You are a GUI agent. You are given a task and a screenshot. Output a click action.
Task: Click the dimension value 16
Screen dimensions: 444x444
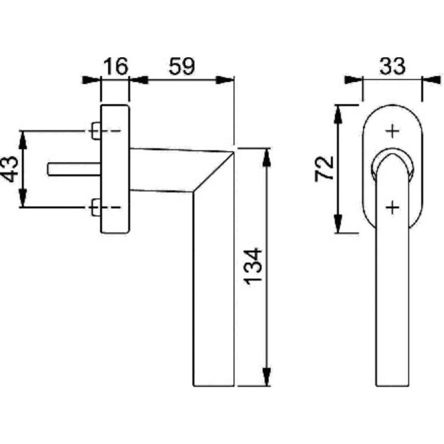coord(115,66)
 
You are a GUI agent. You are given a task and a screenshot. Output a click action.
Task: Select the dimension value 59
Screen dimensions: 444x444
coord(182,66)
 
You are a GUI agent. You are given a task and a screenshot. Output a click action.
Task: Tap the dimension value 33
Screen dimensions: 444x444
coord(392,66)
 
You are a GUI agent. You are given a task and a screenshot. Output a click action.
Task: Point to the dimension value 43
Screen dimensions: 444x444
coord(10,169)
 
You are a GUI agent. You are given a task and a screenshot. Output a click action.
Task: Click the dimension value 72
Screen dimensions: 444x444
coord(324,169)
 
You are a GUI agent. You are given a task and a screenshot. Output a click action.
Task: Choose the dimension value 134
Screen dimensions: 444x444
coord(253,266)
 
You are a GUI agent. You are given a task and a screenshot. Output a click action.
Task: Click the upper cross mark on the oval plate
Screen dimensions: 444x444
coord(393,131)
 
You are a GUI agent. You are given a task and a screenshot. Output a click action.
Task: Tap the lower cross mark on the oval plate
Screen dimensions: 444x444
coord(393,208)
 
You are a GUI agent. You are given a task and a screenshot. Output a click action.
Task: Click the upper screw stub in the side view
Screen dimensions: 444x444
coord(96,131)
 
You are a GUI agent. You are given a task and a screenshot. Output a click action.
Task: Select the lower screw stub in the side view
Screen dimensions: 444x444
coord(96,208)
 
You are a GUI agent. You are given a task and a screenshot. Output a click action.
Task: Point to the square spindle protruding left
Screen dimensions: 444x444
coord(74,169)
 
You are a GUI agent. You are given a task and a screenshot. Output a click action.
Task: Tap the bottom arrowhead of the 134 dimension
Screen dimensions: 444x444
coord(266,377)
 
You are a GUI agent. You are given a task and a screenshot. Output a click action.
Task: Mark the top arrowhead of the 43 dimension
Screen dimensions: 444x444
coord(23,140)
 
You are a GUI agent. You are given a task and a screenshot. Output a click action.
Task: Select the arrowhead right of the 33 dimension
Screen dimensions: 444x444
coord(432,80)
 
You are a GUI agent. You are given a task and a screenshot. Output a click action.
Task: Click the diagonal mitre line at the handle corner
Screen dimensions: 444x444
coord(214,173)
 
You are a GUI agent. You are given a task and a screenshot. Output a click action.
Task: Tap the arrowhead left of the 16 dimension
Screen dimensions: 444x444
coord(91,80)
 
